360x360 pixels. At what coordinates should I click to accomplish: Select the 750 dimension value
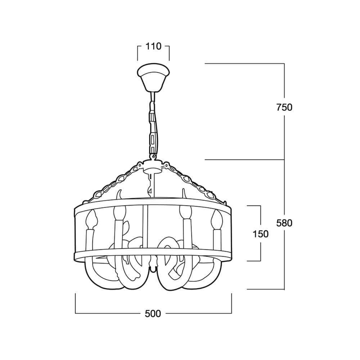284,107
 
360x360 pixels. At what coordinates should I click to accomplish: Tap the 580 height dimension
284,223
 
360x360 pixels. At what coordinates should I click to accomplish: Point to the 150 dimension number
260,234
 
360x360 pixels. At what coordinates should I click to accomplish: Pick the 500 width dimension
153,314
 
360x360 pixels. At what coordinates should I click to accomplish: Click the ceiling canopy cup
153,78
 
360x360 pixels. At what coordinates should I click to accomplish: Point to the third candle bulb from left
185,212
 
